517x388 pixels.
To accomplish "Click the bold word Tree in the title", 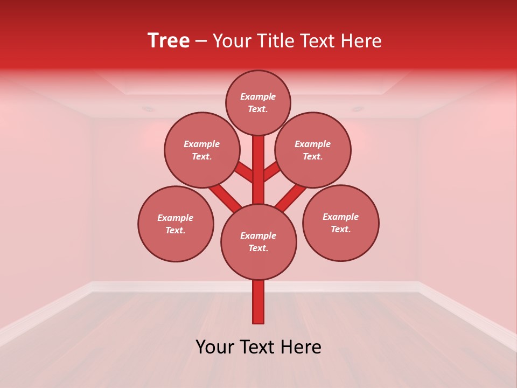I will click(169, 41).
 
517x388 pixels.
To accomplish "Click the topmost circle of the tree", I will click(258, 102).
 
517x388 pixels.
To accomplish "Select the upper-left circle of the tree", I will click(202, 150).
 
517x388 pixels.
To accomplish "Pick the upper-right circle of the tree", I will click(313, 150).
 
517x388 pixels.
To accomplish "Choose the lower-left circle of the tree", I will click(176, 224).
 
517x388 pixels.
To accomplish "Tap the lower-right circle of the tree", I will click(340, 223).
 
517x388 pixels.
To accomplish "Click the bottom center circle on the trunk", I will click(258, 241).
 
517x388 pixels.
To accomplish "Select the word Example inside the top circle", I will click(258, 96).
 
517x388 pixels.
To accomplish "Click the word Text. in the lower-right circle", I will click(340, 229).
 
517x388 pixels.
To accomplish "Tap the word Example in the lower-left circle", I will click(175, 218).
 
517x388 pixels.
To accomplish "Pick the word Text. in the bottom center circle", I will click(258, 248).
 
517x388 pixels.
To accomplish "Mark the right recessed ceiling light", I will click(357, 109).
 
